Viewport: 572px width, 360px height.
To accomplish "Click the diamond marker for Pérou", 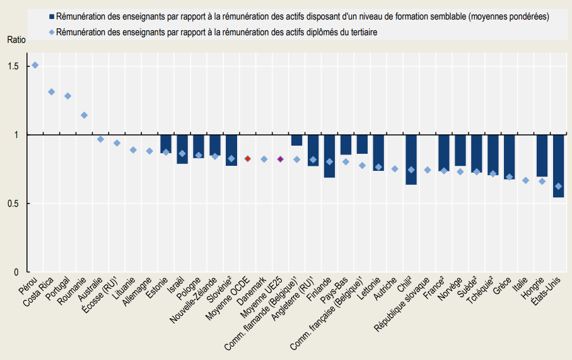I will [35, 65].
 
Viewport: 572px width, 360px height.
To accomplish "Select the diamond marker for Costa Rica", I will [52, 92].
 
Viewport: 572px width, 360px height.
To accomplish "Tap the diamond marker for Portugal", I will [68, 96].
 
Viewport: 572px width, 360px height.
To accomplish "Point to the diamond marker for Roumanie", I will [84, 115].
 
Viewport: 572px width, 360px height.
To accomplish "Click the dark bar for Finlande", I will [329, 156].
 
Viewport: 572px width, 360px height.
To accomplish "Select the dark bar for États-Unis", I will [558, 166].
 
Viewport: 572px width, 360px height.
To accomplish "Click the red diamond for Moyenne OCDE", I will [248, 159].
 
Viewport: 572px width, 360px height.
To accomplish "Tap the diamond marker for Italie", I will [525, 180].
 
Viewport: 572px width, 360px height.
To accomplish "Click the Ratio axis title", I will [17, 40].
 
